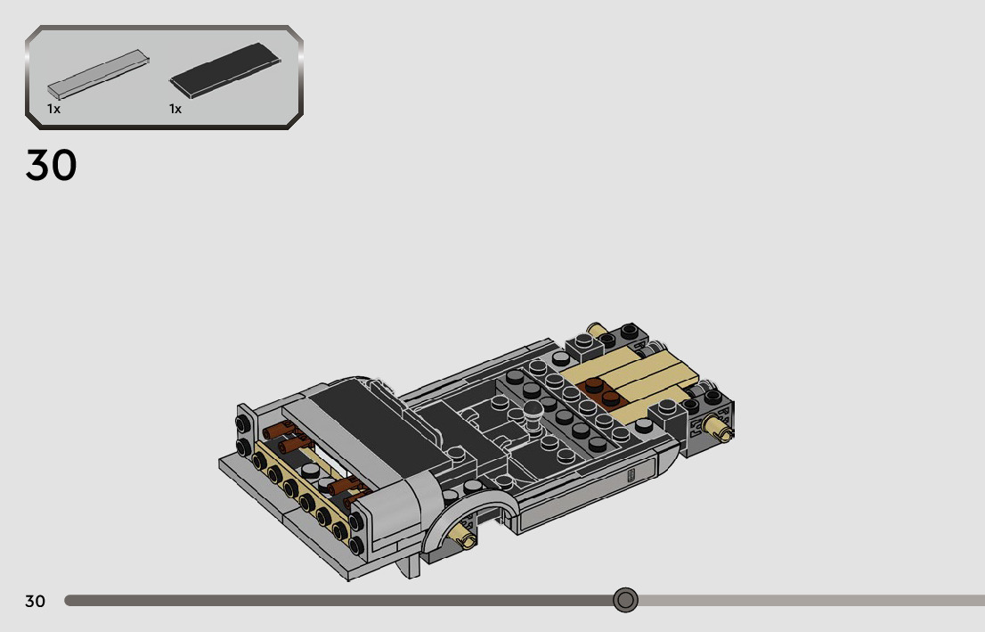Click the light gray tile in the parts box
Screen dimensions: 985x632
point(98,74)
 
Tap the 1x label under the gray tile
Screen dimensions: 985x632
point(54,109)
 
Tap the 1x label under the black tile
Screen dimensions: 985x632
point(175,109)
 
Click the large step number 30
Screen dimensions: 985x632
point(51,166)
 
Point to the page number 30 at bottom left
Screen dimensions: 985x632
point(36,601)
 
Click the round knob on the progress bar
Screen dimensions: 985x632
point(625,600)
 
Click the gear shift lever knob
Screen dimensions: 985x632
point(533,409)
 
